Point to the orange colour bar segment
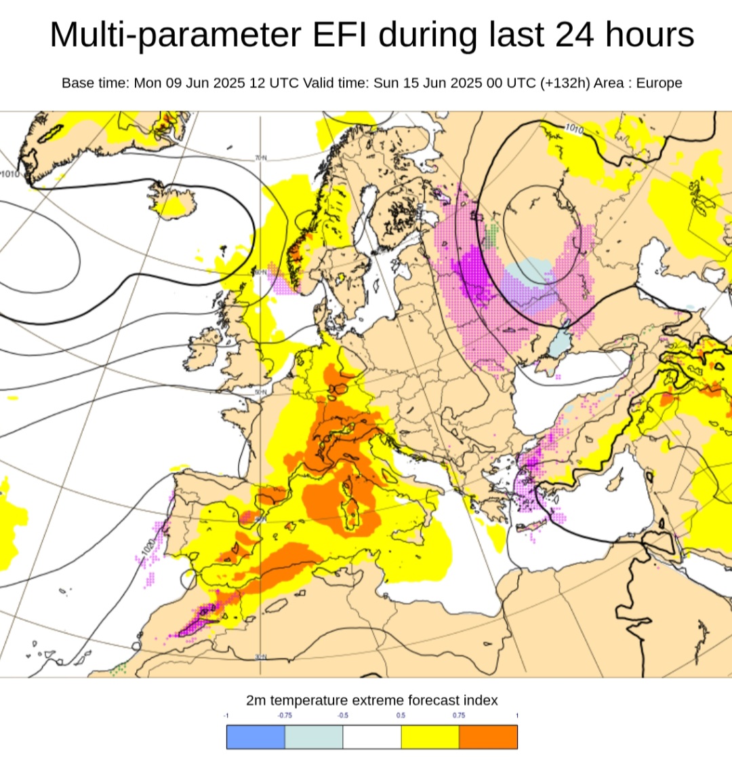(x=488, y=737)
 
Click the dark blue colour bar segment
(x=256, y=737)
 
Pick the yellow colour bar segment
(x=430, y=737)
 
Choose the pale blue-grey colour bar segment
(x=314, y=737)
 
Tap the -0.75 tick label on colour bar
(x=285, y=715)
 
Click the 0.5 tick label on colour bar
(x=401, y=715)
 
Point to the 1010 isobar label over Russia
(x=573, y=128)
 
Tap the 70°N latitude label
(x=261, y=158)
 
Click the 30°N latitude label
(x=261, y=657)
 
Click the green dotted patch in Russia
(x=492, y=235)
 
